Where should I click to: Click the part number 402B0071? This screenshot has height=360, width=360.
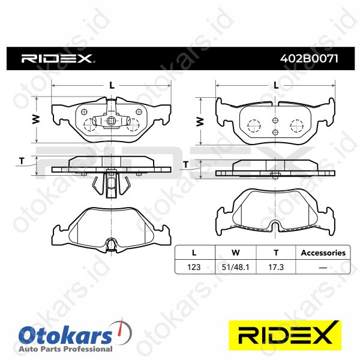click(309, 59)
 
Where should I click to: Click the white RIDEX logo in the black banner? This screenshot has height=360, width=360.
click(58, 59)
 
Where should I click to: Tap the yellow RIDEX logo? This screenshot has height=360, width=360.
click(285, 335)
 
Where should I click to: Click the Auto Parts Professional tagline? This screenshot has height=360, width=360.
click(65, 349)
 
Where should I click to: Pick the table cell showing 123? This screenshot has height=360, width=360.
click(194, 267)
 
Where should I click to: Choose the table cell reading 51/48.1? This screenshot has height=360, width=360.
click(235, 267)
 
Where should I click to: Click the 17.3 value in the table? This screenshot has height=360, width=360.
click(276, 267)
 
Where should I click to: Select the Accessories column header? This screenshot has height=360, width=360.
click(323, 253)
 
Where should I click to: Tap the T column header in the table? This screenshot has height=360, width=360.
click(276, 253)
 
